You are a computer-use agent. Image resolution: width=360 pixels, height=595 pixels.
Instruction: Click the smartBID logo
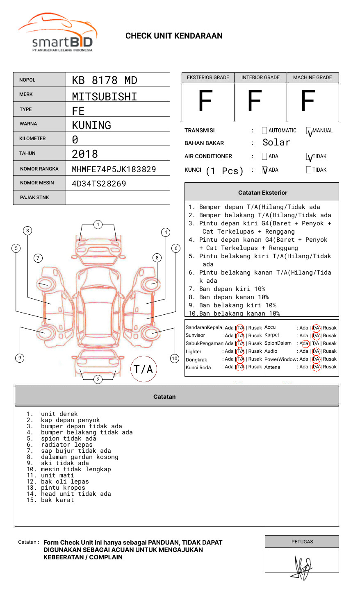(x=58, y=33)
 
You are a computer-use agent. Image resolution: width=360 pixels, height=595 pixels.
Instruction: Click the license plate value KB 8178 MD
(x=104, y=80)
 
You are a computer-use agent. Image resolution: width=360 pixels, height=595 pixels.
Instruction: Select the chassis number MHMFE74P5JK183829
(x=114, y=169)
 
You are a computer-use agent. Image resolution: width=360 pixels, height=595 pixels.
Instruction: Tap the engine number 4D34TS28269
(x=99, y=184)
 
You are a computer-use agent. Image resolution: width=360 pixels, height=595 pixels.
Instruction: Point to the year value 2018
(x=84, y=154)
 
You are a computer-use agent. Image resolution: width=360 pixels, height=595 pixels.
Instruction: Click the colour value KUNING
(x=91, y=125)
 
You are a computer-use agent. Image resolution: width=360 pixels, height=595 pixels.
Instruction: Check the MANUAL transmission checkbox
(x=309, y=131)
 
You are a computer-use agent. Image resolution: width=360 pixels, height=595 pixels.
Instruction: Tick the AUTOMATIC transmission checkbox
(x=264, y=131)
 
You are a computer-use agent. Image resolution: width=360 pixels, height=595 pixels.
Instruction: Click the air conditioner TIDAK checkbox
(x=309, y=157)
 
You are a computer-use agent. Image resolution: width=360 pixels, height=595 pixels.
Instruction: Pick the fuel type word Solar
(x=276, y=143)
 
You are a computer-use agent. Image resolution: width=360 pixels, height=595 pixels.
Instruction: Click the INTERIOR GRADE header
(x=260, y=77)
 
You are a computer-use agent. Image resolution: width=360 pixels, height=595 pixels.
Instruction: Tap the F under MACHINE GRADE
(x=308, y=101)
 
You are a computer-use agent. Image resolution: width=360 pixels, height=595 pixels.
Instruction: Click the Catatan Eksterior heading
(x=262, y=193)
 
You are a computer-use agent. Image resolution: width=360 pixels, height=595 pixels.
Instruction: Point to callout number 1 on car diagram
(x=98, y=225)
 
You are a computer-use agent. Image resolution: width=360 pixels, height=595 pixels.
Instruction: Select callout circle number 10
(x=175, y=359)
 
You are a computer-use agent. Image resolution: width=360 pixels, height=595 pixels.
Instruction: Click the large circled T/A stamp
(x=144, y=369)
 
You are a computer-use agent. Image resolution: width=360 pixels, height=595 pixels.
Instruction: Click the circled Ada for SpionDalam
(x=304, y=343)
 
